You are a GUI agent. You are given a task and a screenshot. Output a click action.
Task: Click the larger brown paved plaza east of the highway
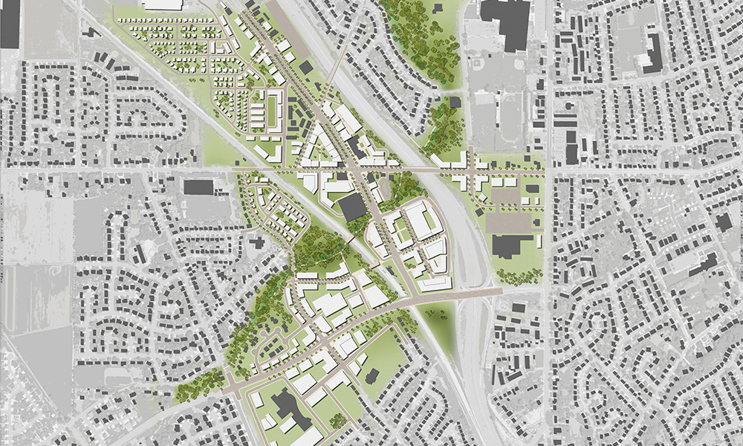pyautogui.click(x=513, y=222)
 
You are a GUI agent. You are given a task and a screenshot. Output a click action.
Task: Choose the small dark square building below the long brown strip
pyautogui.click(x=305, y=68)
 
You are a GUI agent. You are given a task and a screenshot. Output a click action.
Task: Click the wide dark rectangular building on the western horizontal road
pyautogui.click(x=198, y=186)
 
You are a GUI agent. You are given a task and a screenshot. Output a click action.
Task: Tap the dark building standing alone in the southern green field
pyautogui.click(x=371, y=376)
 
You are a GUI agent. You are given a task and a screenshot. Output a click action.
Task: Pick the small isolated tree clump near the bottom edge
pyautogui.click(x=338, y=421)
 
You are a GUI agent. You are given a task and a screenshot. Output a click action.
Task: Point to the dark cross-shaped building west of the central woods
pyautogui.click(x=257, y=242)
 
